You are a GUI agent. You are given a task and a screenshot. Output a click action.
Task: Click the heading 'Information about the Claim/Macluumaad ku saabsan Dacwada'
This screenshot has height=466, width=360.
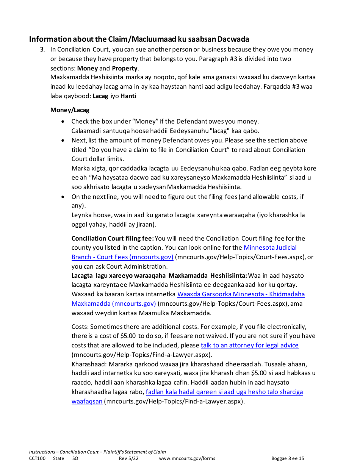[139, 39]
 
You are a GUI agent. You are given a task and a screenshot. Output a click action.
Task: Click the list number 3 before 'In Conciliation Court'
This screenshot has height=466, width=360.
[43, 49]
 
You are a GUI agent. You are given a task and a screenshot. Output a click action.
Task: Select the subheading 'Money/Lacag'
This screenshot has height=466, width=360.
[70, 110]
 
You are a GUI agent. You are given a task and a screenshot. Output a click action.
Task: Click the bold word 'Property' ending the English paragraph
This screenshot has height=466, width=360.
[125, 68]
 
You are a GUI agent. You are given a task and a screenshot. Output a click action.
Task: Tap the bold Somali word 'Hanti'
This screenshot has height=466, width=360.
[128, 96]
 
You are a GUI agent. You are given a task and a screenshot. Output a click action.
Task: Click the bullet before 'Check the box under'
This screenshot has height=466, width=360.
[63, 122]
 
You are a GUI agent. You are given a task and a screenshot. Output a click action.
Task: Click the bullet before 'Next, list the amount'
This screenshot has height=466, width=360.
[63, 141]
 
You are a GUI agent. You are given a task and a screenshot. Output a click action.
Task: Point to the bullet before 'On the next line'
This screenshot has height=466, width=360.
[63, 197]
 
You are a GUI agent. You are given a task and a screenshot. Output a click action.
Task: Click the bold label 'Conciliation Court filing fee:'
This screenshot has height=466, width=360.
[113, 238]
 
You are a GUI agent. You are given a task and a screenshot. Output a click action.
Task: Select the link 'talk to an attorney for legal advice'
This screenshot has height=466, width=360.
[249, 345]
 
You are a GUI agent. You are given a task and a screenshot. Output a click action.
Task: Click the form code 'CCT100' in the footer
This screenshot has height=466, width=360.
[37, 458]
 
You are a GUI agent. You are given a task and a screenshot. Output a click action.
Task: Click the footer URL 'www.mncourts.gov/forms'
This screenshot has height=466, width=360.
[187, 458]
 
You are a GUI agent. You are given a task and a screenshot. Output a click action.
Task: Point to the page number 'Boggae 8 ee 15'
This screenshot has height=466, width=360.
[288, 458]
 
